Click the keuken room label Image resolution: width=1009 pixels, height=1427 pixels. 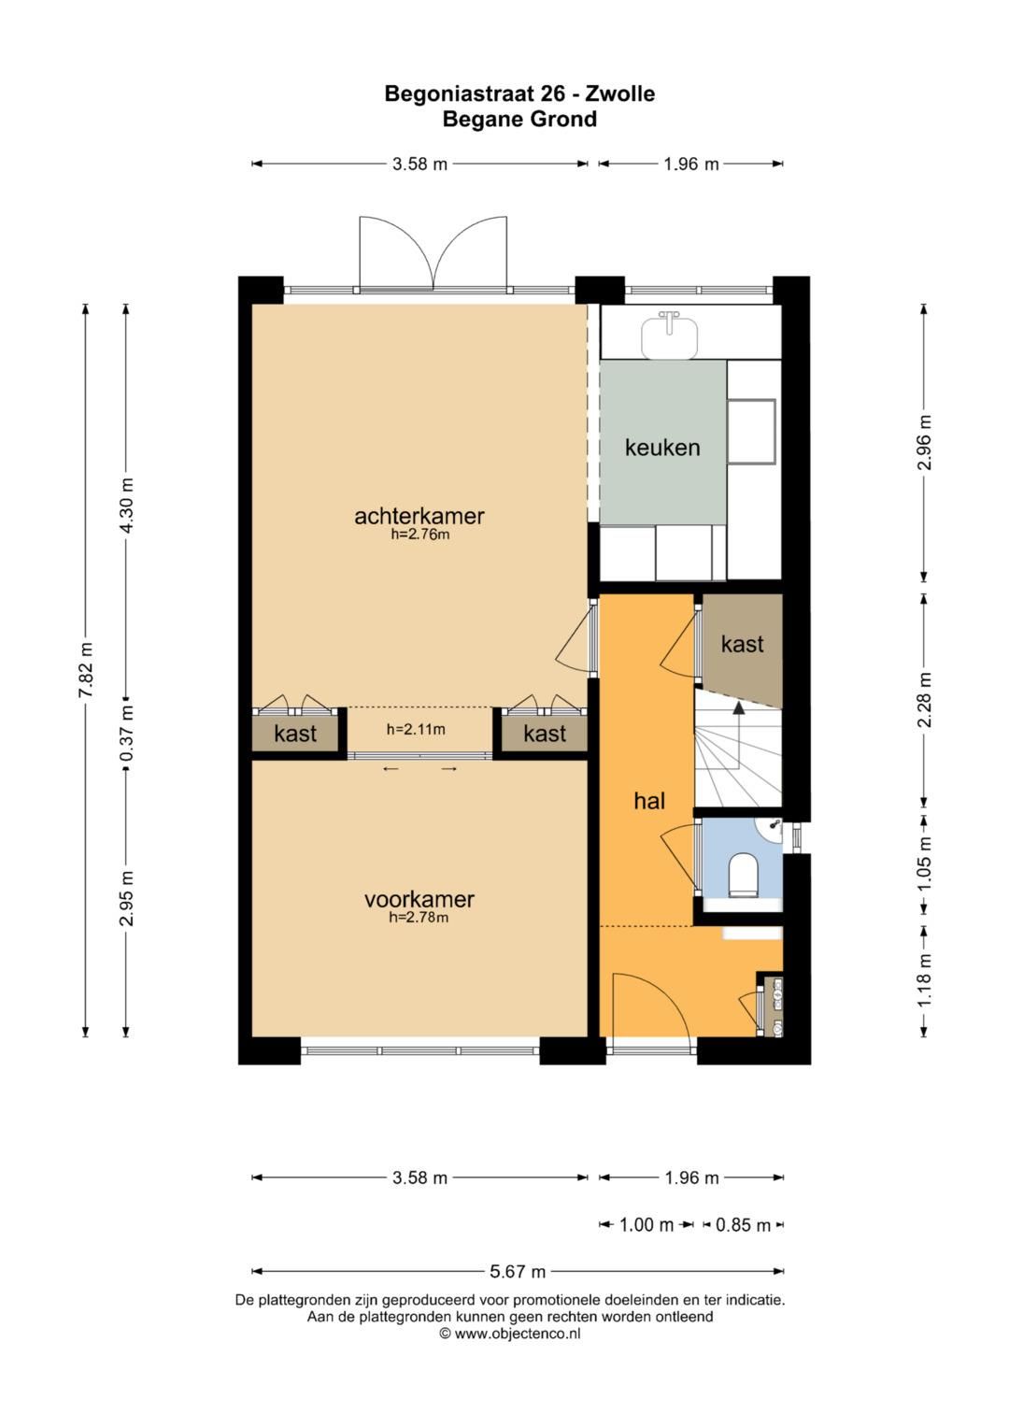coord(661,448)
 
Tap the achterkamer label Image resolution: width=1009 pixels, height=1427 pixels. coord(419,515)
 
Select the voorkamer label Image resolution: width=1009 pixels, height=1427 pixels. coord(419,899)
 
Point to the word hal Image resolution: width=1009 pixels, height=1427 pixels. coord(649,801)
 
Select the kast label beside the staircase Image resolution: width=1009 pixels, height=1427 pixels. coord(742,644)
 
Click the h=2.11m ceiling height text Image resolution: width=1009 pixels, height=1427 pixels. coord(416,730)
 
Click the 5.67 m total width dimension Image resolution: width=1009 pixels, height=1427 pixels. coord(518,1272)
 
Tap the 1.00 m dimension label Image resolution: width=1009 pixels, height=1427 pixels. coord(647,1224)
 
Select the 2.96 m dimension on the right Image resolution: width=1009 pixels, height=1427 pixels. coord(924,443)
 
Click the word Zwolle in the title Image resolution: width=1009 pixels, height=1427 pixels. coord(619,93)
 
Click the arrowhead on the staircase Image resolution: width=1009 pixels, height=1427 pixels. coord(738,706)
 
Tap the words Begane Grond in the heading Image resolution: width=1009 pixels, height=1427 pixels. coord(519,119)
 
